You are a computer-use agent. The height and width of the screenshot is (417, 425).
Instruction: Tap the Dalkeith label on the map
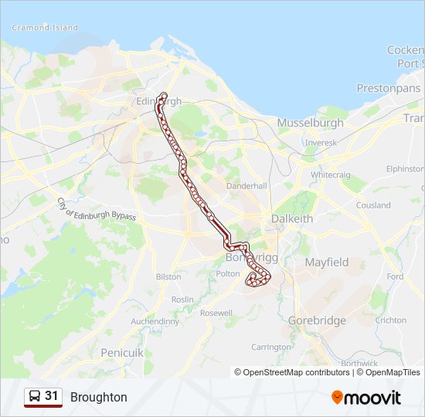pos(292,219)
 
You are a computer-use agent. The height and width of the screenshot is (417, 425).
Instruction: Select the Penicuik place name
pos(122,352)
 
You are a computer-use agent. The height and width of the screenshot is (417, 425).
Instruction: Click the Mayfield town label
pos(327,263)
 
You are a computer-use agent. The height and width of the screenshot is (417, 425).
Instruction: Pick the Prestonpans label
pos(387,88)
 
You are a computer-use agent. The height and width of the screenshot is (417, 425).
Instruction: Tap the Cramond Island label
pos(45,28)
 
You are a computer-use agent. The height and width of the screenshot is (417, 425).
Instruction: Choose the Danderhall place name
pos(246,186)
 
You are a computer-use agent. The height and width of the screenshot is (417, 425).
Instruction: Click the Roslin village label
pos(182,300)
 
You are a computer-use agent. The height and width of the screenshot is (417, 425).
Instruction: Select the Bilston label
pos(168,276)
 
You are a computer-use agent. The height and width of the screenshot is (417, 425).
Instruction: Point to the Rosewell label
pos(216,313)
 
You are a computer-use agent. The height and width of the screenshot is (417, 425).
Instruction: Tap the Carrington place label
pos(270,347)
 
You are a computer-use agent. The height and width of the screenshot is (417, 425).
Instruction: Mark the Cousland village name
pos(373,205)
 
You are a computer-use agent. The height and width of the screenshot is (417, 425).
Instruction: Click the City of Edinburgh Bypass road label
pos(96,209)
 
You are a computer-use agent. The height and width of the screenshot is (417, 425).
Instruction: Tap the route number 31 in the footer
pos(52,396)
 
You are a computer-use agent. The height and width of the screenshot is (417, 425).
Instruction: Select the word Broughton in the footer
pos(99,398)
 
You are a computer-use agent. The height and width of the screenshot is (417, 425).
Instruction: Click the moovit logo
pos(366,398)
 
